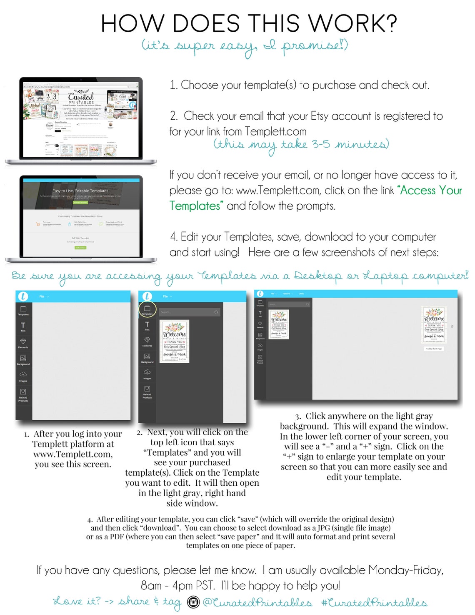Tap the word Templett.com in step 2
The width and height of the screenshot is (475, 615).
[x=275, y=131]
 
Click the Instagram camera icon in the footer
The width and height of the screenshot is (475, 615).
[x=193, y=602]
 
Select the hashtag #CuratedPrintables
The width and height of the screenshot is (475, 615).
[x=374, y=603]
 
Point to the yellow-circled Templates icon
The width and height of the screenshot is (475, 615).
[x=147, y=309]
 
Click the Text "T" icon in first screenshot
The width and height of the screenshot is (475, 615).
[x=23, y=326]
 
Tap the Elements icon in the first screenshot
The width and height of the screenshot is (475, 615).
[x=23, y=343]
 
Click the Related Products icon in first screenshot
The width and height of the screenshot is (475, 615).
[x=23, y=394]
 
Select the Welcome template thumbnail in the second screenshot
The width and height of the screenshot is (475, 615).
[x=175, y=341]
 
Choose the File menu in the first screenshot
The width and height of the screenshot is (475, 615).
[x=43, y=296]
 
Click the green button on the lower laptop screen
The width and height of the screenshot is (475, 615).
[x=80, y=248]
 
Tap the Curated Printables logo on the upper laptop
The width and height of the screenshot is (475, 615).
[x=81, y=98]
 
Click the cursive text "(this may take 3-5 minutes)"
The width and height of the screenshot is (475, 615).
[x=301, y=144]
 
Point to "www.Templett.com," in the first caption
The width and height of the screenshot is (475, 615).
[x=73, y=454]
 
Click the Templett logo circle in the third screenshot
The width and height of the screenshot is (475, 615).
[x=260, y=294]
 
